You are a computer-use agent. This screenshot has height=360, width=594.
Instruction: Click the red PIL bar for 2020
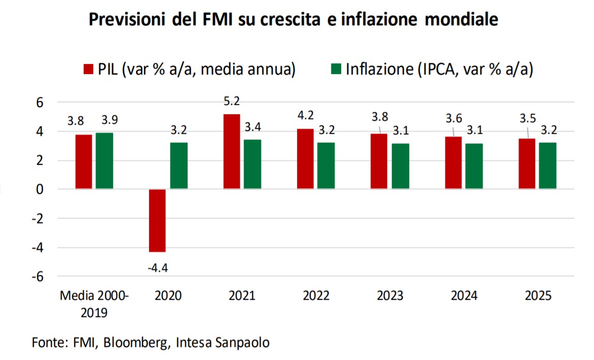157,220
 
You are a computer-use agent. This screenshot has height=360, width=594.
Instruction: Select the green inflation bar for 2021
252,164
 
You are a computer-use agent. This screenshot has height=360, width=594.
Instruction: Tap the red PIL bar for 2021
231,152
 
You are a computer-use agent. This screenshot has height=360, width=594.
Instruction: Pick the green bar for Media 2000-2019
104,161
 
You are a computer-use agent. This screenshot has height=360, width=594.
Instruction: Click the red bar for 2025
527,164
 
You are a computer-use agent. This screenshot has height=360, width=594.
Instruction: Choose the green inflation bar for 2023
400,166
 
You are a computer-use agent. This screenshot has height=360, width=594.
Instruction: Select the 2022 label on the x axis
316,296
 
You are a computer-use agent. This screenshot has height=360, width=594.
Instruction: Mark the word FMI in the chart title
215,20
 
